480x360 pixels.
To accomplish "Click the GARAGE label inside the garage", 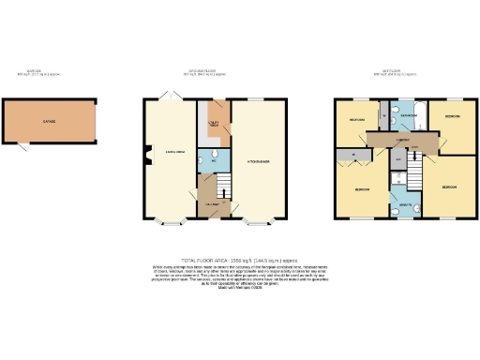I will (x=48, y=123).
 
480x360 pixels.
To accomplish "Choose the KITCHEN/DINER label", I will (x=259, y=161).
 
